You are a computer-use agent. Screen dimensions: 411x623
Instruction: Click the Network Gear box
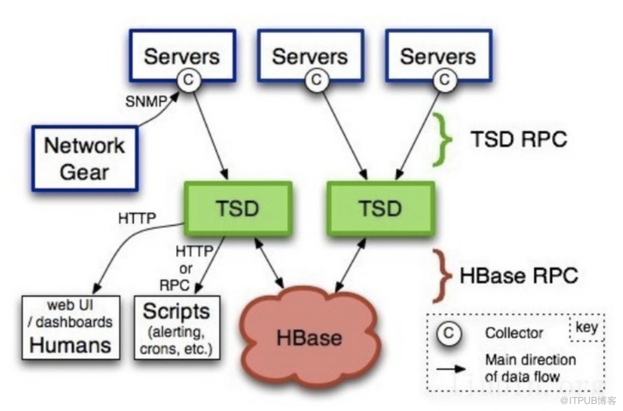(x=83, y=158)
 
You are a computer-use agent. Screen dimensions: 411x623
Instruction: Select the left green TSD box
(x=238, y=208)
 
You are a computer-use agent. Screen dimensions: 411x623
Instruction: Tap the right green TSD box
(x=381, y=208)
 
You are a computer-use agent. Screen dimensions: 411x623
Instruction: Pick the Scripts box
(x=176, y=327)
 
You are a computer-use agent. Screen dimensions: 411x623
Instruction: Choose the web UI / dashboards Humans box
(x=69, y=327)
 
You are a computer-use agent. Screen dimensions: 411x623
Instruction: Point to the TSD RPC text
(x=519, y=139)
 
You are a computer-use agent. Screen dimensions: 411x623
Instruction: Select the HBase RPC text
(x=519, y=275)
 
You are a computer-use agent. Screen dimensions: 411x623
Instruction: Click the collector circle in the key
(x=451, y=333)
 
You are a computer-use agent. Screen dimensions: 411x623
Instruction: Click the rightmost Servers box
(x=437, y=55)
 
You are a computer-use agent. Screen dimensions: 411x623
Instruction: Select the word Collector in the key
(x=514, y=334)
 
